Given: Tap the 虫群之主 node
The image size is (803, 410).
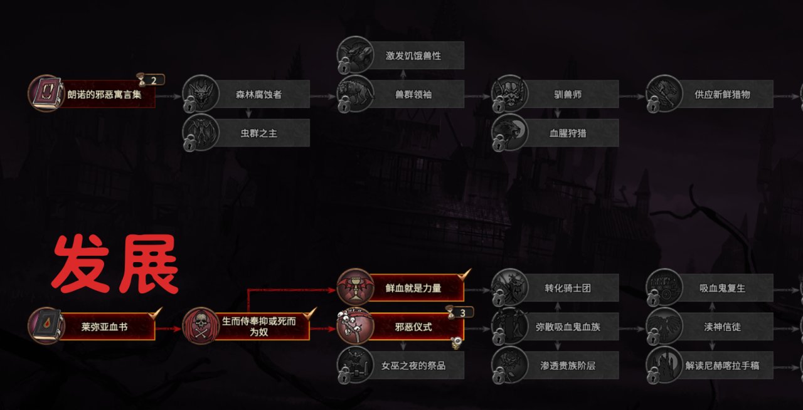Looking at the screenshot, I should pos(259,133).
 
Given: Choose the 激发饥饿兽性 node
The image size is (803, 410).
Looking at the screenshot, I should pos(413,56).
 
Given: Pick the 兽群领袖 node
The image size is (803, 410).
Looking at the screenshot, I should pos(413,95).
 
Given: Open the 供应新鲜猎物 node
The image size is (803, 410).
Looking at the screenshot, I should pos(722,95).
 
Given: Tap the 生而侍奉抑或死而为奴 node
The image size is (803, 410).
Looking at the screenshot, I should pos(258,327).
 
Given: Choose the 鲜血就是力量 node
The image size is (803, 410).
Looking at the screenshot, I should pos(413,288).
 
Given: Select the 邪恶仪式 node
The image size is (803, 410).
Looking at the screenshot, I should pos(413,327).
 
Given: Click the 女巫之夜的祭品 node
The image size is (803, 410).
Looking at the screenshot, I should pos(413,365).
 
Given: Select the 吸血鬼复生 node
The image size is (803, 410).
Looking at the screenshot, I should pos(722,288).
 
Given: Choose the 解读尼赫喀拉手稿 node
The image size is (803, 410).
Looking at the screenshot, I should pos(722,365).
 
